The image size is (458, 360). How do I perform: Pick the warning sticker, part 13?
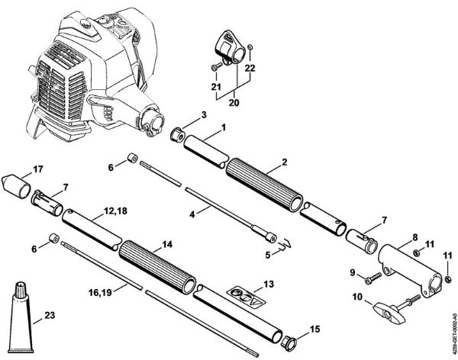(245, 296)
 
